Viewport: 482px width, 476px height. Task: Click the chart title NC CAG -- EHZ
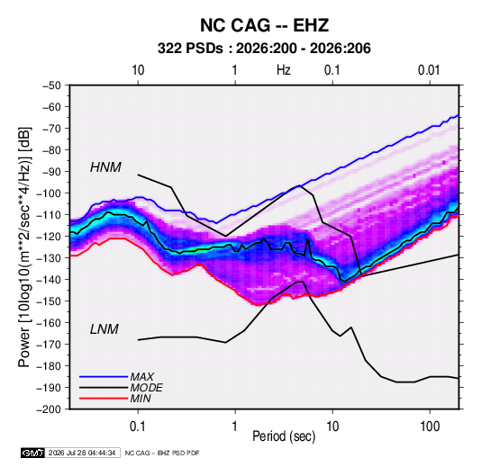pos(264,25)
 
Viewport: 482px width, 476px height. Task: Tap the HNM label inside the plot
pos(105,167)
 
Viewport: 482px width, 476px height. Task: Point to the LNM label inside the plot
pos(105,329)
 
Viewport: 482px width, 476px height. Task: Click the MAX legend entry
pos(141,376)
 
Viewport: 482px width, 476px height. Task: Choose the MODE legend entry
pos(146,388)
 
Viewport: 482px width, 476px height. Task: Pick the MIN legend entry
pos(141,399)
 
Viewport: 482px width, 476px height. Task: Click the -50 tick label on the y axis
pos(51,85)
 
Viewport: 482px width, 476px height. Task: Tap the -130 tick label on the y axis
pos(49,258)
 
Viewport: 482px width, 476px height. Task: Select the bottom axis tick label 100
pos(430,427)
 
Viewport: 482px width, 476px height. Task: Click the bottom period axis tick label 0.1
pos(138,427)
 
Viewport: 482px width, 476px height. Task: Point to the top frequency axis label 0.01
pos(429,70)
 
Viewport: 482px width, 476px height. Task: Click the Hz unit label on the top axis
pos(284,70)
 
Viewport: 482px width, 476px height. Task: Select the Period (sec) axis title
pos(284,436)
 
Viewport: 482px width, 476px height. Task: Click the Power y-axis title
pos(24,247)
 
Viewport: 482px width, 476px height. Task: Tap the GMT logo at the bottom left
pos(33,453)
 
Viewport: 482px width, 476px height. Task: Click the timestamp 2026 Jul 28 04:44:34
pos(82,453)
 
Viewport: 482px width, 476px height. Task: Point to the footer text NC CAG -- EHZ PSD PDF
pos(162,453)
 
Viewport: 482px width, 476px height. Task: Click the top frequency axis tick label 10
pos(138,70)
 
